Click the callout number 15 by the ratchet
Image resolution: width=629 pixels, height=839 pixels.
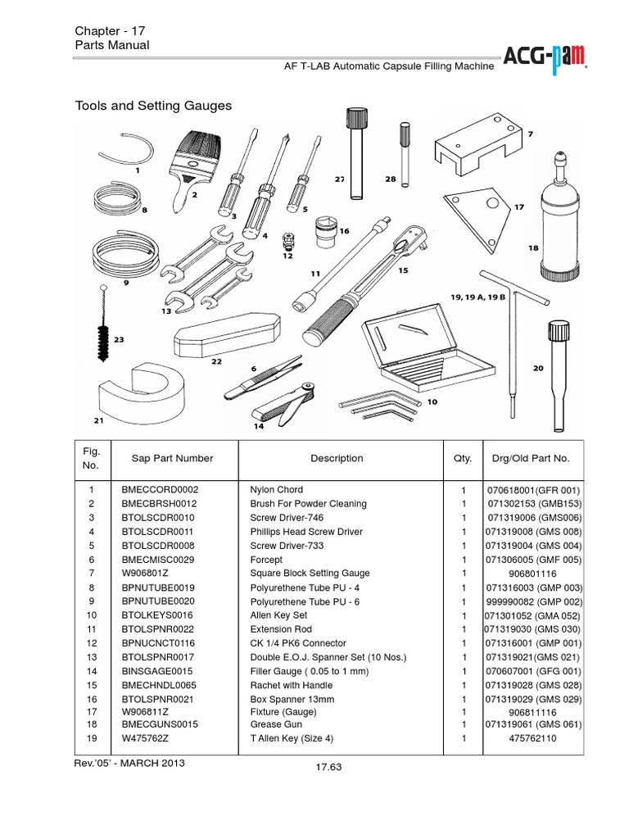402,270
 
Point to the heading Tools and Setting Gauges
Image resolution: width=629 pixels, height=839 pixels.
153,106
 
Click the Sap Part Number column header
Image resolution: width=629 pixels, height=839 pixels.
172,459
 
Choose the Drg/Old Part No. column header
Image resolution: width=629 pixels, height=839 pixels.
529,459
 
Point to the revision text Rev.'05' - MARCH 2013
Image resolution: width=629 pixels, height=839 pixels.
129,763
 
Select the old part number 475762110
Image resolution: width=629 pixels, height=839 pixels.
532,738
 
